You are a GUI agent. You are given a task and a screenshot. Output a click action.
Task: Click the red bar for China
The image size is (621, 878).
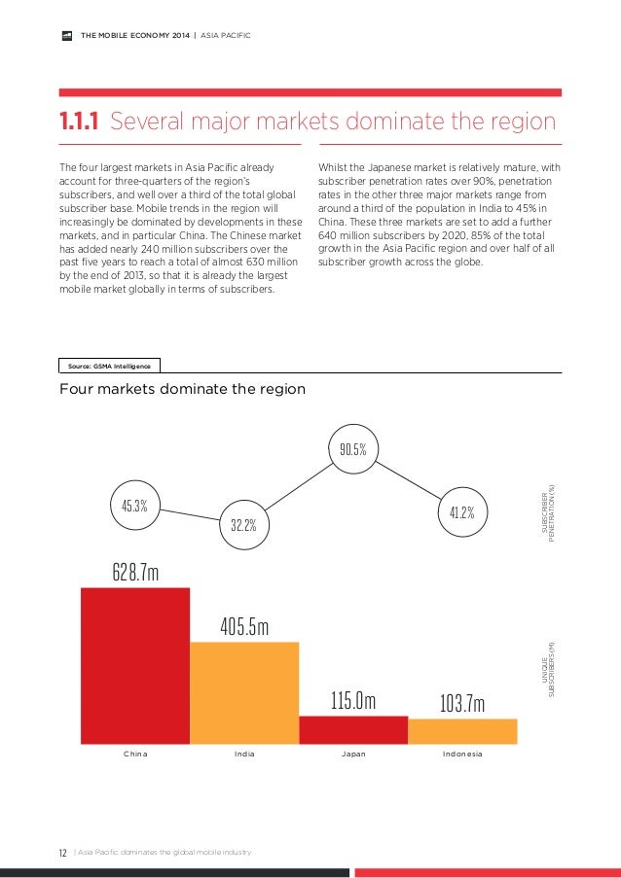tap(135, 666)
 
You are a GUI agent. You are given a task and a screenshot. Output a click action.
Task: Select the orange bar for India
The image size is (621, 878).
tap(244, 693)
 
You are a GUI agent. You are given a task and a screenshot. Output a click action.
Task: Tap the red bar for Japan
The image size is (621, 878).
tap(353, 730)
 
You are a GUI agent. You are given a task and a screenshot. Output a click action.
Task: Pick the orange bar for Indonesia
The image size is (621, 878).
tap(462, 732)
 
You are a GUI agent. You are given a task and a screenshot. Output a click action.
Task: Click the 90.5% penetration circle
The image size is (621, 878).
tap(352, 449)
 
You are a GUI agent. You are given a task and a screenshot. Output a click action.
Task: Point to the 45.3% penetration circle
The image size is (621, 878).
tap(134, 506)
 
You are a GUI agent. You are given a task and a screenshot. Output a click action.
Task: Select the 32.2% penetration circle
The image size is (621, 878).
tap(243, 525)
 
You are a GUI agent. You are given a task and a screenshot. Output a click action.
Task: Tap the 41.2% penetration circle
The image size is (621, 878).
tap(461, 512)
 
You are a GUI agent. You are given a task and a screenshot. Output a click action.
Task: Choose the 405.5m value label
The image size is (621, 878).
tap(244, 626)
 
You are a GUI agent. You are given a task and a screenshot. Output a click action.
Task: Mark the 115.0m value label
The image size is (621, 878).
tap(352, 701)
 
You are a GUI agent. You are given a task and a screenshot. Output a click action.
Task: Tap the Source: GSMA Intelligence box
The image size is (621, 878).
tap(109, 366)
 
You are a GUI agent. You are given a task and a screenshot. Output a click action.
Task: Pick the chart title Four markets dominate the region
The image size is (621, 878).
tap(183, 389)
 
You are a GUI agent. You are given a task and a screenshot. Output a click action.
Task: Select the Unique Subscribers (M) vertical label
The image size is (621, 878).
tap(551, 671)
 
